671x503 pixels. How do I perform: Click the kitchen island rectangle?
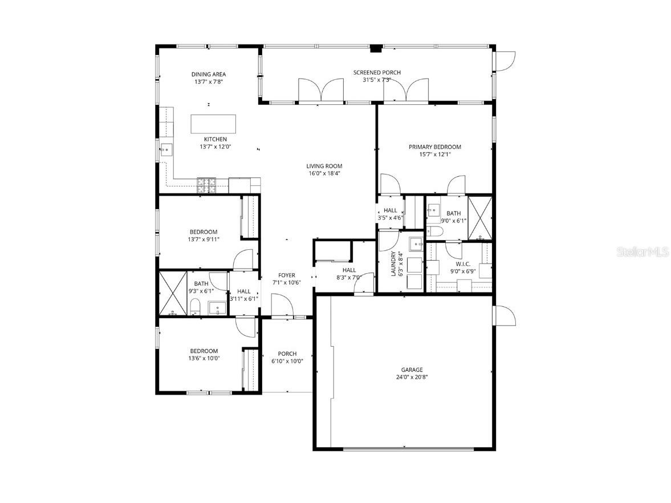[213, 123]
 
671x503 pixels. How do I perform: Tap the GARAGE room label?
[412, 370]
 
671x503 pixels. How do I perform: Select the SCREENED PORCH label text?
[377, 72]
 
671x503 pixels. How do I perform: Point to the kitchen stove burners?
[206, 184]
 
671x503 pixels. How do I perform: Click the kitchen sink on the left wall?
[166, 151]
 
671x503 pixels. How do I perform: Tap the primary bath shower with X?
[479, 217]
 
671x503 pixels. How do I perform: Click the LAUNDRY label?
[393, 265]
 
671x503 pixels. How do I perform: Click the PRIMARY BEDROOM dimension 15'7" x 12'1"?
[434, 154]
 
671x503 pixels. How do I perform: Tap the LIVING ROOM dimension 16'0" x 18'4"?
[324, 173]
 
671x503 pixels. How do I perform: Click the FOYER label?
[286, 275]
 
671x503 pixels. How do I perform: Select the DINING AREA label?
[209, 74]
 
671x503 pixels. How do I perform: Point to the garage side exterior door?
[505, 315]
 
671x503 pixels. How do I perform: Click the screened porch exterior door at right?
[505, 60]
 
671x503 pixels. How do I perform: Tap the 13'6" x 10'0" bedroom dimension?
[204, 358]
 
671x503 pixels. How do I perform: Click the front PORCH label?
[287, 354]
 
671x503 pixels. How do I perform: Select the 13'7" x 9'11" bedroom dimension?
[204, 239]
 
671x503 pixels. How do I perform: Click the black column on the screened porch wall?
[375, 49]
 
